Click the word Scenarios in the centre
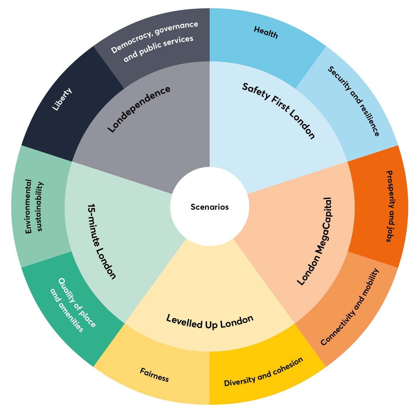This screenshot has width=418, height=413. click(x=209, y=207)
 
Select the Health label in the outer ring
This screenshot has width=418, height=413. click(x=266, y=32)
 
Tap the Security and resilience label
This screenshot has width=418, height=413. click(x=353, y=101)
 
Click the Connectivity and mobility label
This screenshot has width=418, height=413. click(x=350, y=307)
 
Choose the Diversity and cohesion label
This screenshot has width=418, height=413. click(x=264, y=372)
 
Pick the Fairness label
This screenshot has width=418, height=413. click(x=154, y=374)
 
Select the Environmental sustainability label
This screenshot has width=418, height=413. click(x=34, y=206)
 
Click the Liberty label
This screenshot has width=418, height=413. click(x=62, y=99)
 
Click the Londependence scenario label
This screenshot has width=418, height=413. click(x=139, y=109)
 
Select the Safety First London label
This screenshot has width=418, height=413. click(x=278, y=111)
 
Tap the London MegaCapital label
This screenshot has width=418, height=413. click(x=314, y=241)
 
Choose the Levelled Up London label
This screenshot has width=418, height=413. click(x=210, y=322)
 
